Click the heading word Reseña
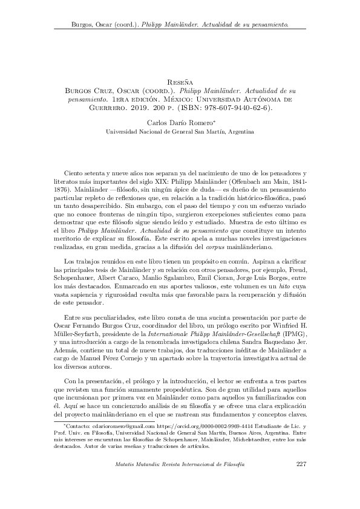[x=180, y=79]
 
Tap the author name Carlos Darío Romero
[x=178, y=122]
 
